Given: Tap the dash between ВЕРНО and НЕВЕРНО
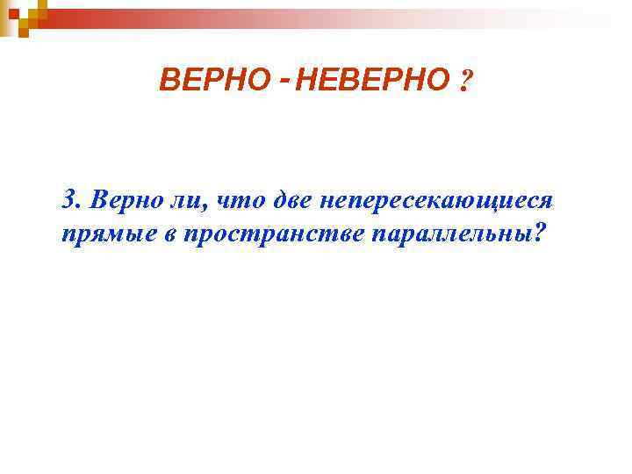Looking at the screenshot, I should point(285,80).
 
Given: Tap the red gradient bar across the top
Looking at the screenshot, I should point(263,18).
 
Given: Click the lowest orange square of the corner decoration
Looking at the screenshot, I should point(24,33).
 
